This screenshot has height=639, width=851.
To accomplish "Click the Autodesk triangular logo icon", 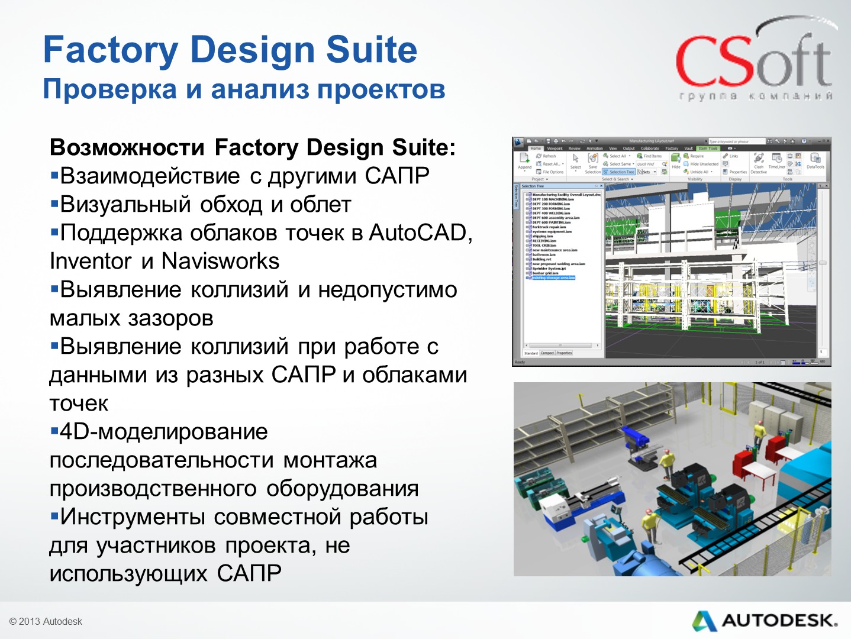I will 704,621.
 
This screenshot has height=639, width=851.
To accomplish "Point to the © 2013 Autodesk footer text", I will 46,621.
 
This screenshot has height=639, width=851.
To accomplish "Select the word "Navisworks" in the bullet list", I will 220,262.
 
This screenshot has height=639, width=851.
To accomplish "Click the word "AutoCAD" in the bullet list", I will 418,233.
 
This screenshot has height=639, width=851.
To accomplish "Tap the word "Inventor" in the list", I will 90,262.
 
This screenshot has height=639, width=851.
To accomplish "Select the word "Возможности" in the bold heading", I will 127,147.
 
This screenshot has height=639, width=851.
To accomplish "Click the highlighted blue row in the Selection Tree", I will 553,277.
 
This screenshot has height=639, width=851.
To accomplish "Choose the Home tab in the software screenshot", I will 536,149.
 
